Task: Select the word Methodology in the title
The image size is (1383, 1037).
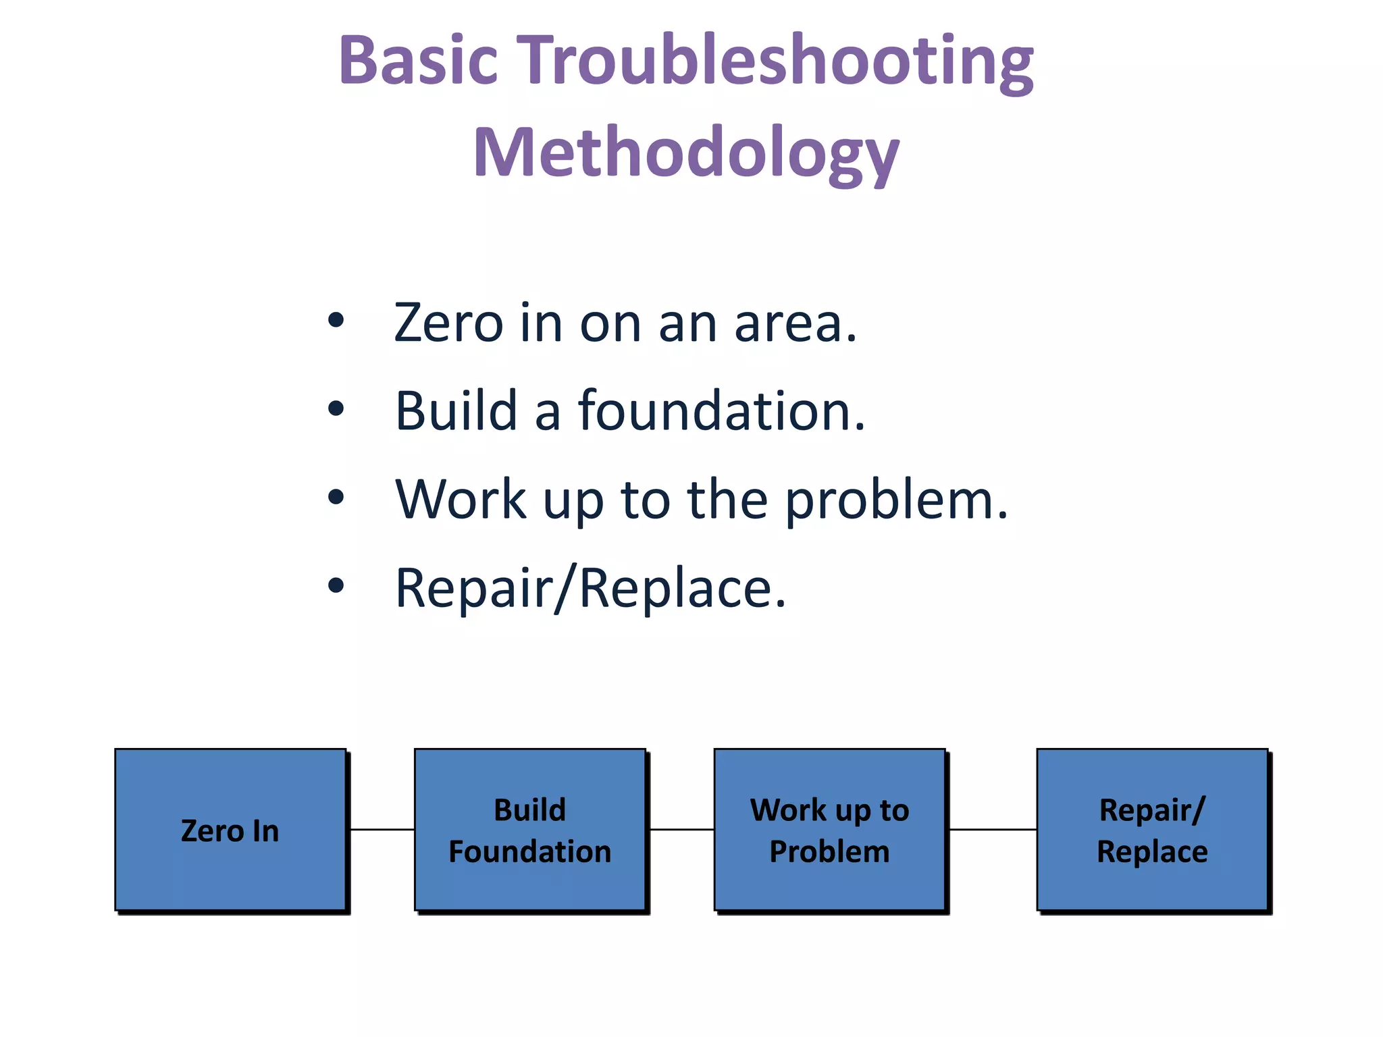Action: [x=686, y=154]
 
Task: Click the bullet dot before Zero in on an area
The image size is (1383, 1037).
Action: [x=336, y=319]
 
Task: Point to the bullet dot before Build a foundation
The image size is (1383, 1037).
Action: [x=336, y=408]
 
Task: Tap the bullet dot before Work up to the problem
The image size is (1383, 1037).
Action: [x=336, y=497]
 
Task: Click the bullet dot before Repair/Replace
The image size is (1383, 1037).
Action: [x=336, y=585]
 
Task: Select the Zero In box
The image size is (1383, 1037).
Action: [x=230, y=830]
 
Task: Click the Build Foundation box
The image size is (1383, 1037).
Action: [x=530, y=830]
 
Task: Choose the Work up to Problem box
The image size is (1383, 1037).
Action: [x=829, y=830]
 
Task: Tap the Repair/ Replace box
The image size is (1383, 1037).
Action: [x=1152, y=830]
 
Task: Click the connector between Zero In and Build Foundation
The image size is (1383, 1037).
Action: [x=382, y=829]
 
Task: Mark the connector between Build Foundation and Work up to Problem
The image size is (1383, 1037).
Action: [x=681, y=829]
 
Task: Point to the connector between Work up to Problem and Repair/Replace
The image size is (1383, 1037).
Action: [x=992, y=829]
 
